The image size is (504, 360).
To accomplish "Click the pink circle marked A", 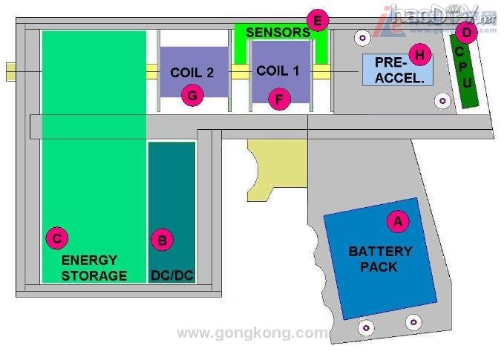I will [x=397, y=220].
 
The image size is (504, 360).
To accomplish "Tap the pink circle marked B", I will [x=162, y=240].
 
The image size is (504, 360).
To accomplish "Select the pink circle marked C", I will [x=56, y=238].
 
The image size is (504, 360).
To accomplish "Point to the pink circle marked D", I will [x=466, y=32].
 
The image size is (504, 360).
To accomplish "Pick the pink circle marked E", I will [x=317, y=21].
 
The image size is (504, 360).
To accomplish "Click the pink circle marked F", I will [x=279, y=98].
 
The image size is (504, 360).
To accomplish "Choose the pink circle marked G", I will [x=192, y=95].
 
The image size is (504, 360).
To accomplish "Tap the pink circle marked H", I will [x=420, y=54].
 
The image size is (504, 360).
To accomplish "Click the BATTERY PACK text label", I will [x=379, y=259].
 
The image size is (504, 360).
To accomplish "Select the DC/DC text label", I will [x=171, y=275].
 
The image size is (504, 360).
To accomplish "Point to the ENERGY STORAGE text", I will [x=94, y=268].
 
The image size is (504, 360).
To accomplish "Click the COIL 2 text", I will [x=192, y=73].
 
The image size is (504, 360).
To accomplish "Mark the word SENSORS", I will [x=277, y=33].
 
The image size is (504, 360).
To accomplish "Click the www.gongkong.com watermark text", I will [x=252, y=333].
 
